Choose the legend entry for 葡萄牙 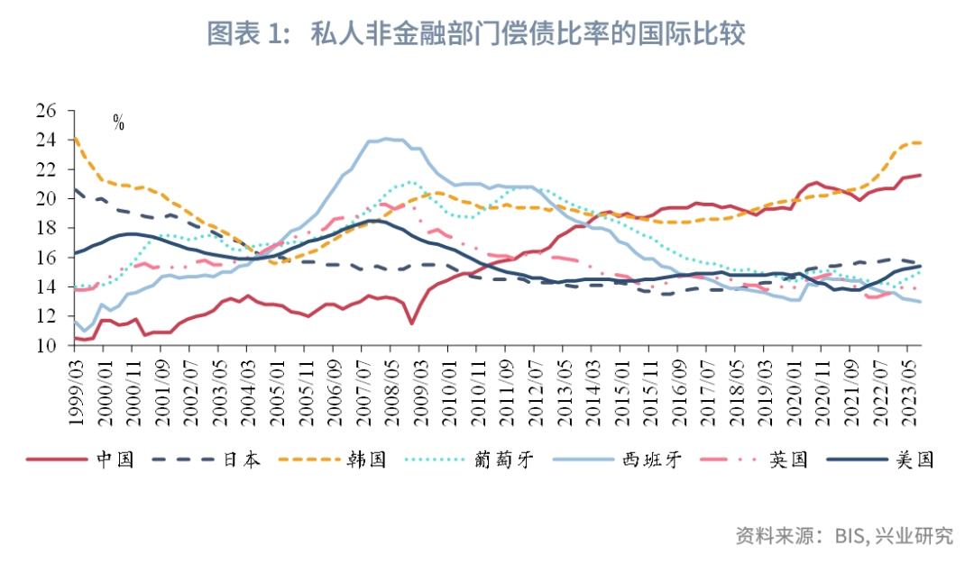(x=502, y=459)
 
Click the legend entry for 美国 (x=914, y=459)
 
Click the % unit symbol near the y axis (x=118, y=123)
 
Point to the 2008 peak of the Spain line (x=387, y=139)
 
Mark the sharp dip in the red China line (x=411, y=323)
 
